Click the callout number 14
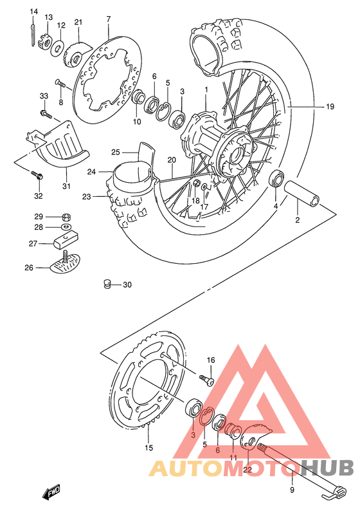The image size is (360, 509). click(x=34, y=12)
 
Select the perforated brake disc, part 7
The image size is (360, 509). click(x=105, y=80)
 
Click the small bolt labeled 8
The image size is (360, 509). click(x=59, y=83)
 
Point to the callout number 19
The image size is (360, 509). click(x=329, y=106)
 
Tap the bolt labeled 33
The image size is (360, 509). click(x=46, y=115)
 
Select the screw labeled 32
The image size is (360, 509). click(x=37, y=175)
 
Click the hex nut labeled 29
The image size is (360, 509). click(x=66, y=216)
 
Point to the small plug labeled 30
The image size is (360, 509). click(x=109, y=284)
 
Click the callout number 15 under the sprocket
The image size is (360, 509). click(x=148, y=448)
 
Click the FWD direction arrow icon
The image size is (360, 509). click(x=51, y=494)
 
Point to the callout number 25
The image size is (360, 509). click(x=116, y=153)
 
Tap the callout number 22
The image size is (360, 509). click(x=248, y=470)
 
